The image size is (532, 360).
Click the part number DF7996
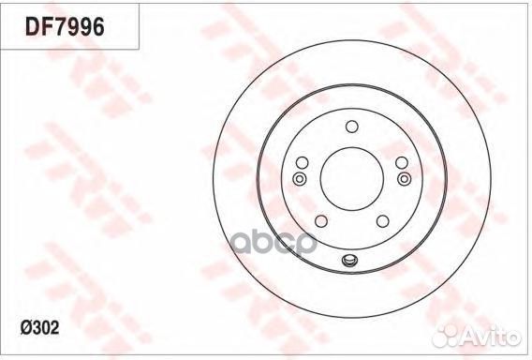pyautogui.click(x=65, y=27)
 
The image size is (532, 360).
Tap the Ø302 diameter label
pyautogui.click(x=39, y=328)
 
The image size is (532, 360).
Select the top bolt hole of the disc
pyautogui.click(x=352, y=127)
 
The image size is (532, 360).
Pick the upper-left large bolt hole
pyautogui.click(x=302, y=163)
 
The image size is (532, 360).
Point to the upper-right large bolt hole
pyautogui.click(x=402, y=163)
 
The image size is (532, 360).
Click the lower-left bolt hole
pyautogui.click(x=321, y=221)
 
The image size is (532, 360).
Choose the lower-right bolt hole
pyautogui.click(x=383, y=221)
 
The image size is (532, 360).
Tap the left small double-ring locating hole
pyautogui.click(x=300, y=178)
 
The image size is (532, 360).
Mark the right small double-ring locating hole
pyautogui.click(x=404, y=178)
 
